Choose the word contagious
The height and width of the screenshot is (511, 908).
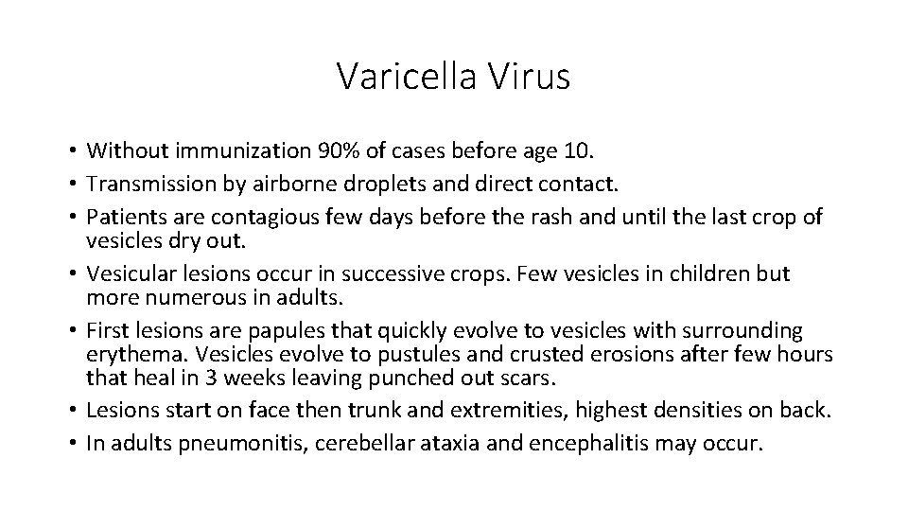(268, 217)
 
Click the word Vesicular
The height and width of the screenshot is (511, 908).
(127, 273)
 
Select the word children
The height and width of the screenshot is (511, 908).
(701, 273)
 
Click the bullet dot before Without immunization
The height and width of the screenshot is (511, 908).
(72, 150)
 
